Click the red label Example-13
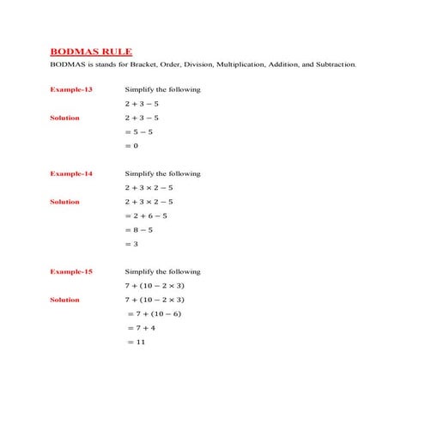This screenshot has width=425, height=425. click(x=71, y=89)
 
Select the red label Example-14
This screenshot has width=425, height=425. click(x=71, y=173)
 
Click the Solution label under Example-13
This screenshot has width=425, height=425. click(x=64, y=118)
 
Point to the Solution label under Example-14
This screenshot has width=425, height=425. click(x=64, y=202)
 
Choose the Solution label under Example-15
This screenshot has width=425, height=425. click(x=64, y=300)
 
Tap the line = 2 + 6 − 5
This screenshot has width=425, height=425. click(x=146, y=216)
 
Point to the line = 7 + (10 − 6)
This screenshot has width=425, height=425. click(x=154, y=314)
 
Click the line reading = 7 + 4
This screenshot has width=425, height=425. click(x=141, y=328)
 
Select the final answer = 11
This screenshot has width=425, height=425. click(x=136, y=343)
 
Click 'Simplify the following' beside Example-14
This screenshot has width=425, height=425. click(x=162, y=173)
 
